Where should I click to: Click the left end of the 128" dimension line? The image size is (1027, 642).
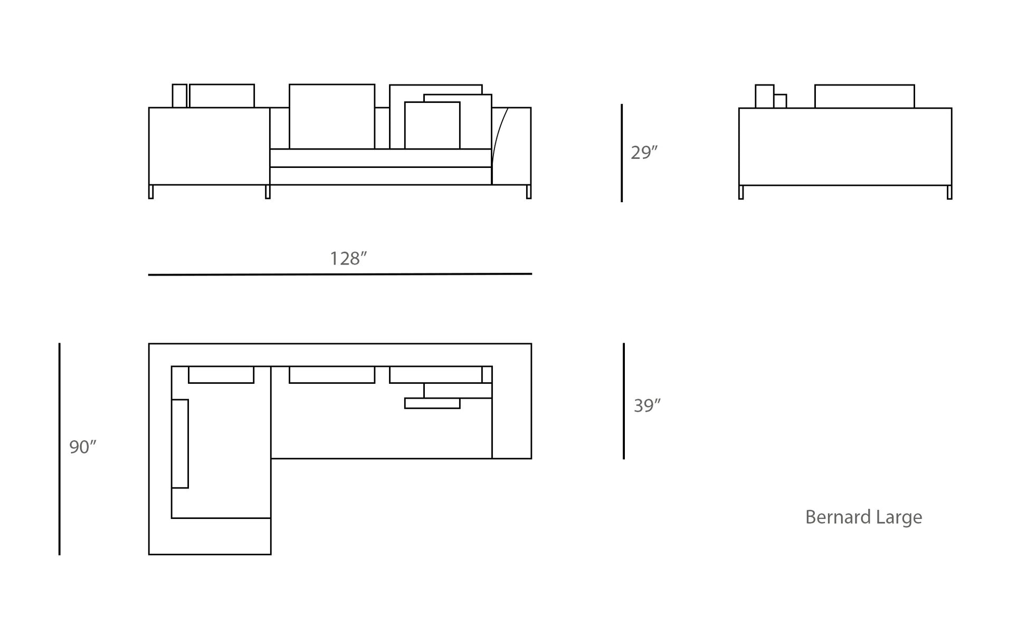tap(149, 275)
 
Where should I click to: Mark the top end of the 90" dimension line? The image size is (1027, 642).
tap(60, 344)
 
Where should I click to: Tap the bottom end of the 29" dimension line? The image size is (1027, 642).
tap(622, 201)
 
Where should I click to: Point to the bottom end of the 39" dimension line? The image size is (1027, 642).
tap(624, 458)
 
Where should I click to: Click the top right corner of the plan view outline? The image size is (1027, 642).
tap(531, 344)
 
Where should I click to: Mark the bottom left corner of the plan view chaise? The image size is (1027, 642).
tap(149, 554)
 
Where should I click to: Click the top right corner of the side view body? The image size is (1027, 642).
tap(952, 108)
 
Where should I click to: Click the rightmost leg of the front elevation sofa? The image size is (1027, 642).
tap(529, 192)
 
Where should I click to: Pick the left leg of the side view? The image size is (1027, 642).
tap(741, 192)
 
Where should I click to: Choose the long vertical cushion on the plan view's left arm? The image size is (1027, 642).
tap(180, 443)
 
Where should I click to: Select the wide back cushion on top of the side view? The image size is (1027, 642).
tap(864, 97)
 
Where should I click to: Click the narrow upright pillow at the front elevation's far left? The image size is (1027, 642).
tap(179, 96)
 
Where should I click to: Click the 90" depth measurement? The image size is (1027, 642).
tap(83, 447)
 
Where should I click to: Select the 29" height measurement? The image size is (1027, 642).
tap(644, 153)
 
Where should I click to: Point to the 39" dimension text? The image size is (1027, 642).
tap(648, 405)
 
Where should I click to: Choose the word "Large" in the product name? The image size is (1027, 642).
tap(899, 518)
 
